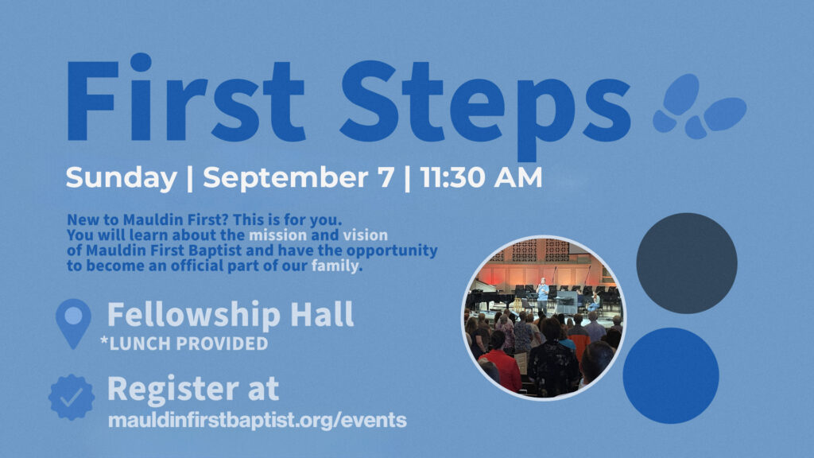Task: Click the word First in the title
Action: coord(185,97)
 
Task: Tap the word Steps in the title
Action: coord(486,107)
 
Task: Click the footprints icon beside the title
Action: coord(700,107)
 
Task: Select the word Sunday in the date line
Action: coord(122,178)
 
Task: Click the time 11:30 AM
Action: coord(481,177)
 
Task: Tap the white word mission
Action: coord(277,235)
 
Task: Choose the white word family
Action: coord(335,266)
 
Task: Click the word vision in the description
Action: coord(365,235)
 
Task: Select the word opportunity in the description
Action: coord(392,251)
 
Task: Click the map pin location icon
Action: coord(73,324)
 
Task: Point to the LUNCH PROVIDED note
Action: coord(184,343)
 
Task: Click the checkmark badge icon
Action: coord(72,398)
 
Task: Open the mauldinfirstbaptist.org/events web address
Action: coord(257,420)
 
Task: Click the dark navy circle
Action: coord(687,263)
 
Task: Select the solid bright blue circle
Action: coord(671,375)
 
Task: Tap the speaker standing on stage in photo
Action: coord(542,294)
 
